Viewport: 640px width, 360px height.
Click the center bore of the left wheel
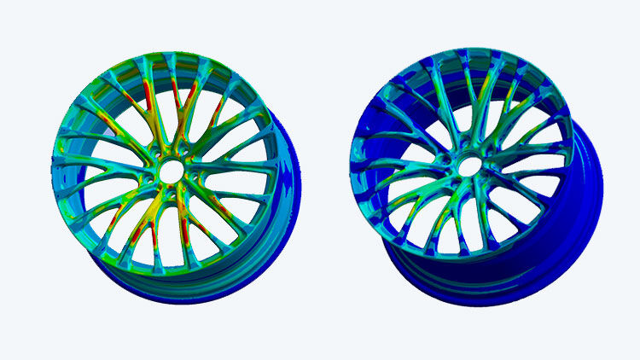pyautogui.click(x=170, y=171)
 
